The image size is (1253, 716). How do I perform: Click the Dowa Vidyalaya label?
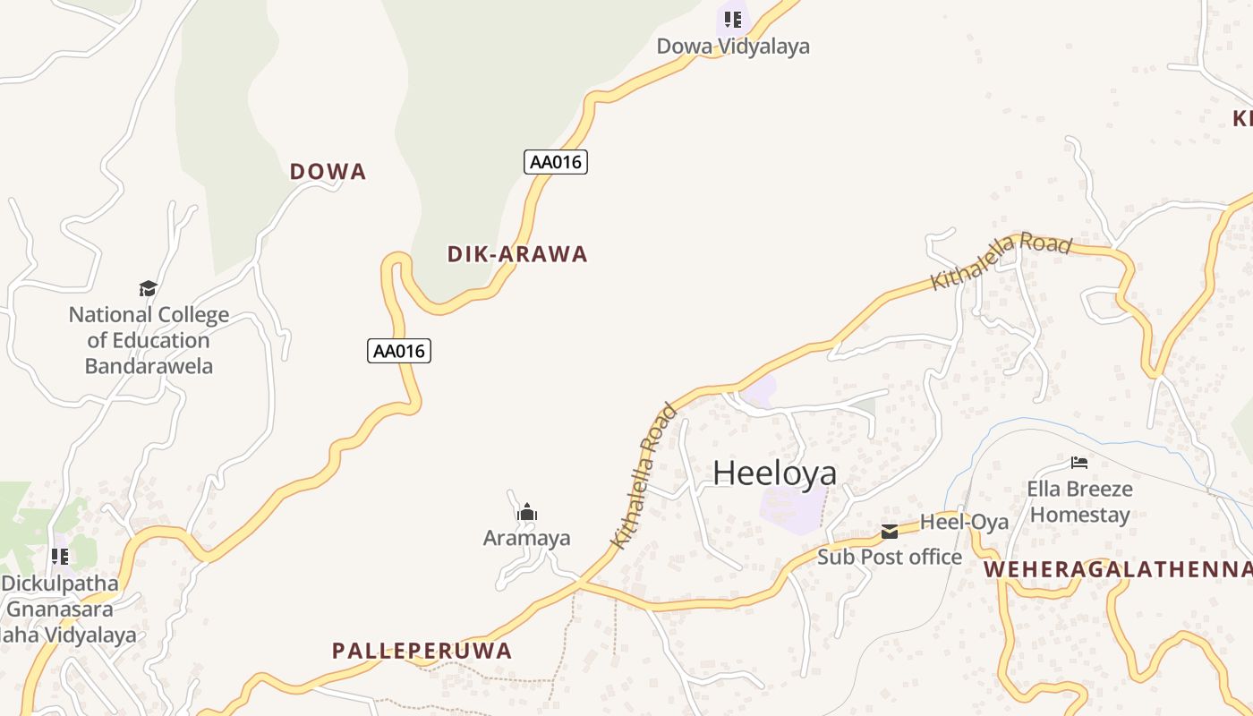[x=733, y=47]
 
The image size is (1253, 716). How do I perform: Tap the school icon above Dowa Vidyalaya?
[x=733, y=19]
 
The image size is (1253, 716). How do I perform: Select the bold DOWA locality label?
[x=328, y=172]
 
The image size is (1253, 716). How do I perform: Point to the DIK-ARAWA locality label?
[x=517, y=254]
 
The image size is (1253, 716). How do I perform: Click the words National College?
[x=149, y=315]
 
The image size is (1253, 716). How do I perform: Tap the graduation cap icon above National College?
[x=148, y=288]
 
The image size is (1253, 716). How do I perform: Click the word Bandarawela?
[x=149, y=366]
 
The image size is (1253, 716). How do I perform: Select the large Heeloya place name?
[x=774, y=473]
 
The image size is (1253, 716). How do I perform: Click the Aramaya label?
[x=526, y=538]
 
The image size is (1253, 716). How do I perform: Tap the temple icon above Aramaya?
[x=526, y=512]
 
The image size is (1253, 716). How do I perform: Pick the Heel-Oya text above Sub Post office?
[x=964, y=522]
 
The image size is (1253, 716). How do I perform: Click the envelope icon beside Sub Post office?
[x=889, y=532]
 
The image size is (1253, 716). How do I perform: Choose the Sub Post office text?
[x=890, y=557]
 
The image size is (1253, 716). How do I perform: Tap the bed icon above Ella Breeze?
[x=1079, y=463]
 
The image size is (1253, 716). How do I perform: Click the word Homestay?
[x=1079, y=515]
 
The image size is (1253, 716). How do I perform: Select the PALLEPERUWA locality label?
[x=422, y=651]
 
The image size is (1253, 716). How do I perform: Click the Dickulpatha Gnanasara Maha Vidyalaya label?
[x=63, y=609]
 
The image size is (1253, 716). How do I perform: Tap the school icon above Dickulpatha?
[x=60, y=557]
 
